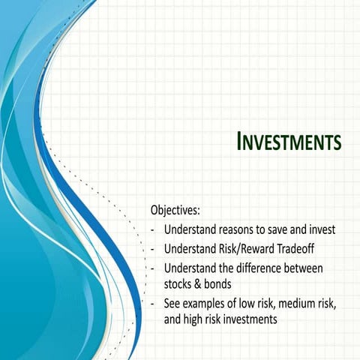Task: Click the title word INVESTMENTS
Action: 289,141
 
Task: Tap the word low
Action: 253,304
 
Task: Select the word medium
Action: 308,304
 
